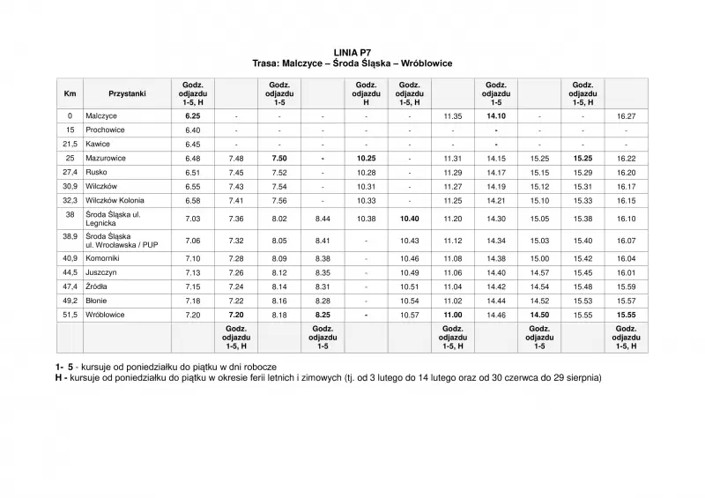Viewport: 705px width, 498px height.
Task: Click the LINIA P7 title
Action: point(352,54)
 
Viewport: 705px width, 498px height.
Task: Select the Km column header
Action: point(70,93)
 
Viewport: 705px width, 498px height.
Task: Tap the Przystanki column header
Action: point(127,93)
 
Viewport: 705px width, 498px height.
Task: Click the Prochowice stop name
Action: point(105,130)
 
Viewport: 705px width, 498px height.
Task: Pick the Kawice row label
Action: point(98,144)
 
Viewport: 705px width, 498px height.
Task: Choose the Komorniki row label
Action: point(104,258)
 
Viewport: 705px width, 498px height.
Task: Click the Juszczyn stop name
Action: point(101,272)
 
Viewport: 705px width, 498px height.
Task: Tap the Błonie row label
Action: point(97,301)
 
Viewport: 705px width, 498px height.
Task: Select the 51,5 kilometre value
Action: point(70,315)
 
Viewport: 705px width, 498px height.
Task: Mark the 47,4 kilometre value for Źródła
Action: point(70,286)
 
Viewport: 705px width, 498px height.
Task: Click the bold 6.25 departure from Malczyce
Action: point(193,115)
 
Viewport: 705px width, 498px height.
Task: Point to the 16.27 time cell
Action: point(627,115)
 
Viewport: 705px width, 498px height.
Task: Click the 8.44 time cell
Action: point(323,217)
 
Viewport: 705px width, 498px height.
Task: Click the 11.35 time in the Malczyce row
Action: point(453,115)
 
